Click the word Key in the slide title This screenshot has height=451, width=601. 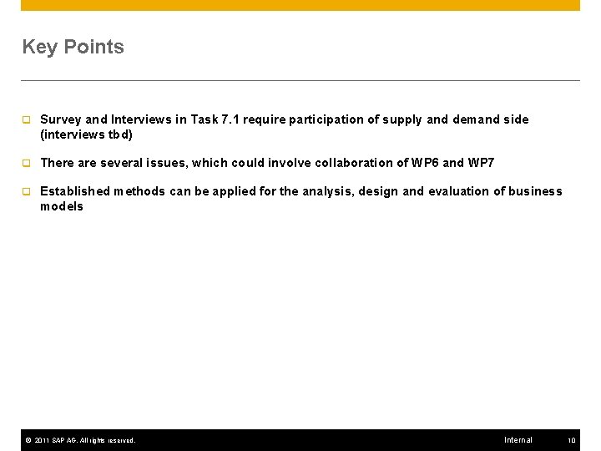(x=38, y=48)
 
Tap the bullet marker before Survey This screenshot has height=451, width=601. (x=26, y=119)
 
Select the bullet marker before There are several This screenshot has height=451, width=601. (x=26, y=163)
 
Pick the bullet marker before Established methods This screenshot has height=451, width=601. (x=26, y=191)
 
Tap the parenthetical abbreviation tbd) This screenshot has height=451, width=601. (x=119, y=134)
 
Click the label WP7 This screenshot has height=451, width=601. (x=481, y=163)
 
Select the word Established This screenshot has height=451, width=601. (x=74, y=191)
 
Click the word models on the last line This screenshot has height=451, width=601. (x=62, y=206)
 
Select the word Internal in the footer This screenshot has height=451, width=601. (x=518, y=440)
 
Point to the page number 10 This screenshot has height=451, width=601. (x=572, y=440)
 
